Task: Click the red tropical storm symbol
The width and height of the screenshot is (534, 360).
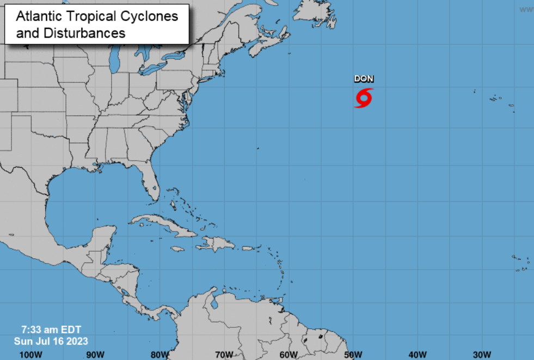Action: point(364,98)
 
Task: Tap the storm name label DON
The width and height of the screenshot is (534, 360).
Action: point(364,79)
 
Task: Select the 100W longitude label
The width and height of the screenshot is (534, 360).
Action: point(30,355)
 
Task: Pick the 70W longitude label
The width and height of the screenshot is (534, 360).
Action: point(224,355)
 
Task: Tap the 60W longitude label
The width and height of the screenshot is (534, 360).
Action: point(289,355)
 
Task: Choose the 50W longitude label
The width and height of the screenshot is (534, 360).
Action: point(353,355)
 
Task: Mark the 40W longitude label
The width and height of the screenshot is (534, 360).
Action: point(418,355)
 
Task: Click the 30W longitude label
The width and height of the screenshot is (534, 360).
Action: point(482,355)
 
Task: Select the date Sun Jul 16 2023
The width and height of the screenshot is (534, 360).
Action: point(51,341)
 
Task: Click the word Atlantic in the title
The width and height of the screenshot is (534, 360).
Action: point(39,16)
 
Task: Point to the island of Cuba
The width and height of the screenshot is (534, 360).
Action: point(163,225)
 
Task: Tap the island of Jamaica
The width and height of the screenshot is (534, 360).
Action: point(177,249)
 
